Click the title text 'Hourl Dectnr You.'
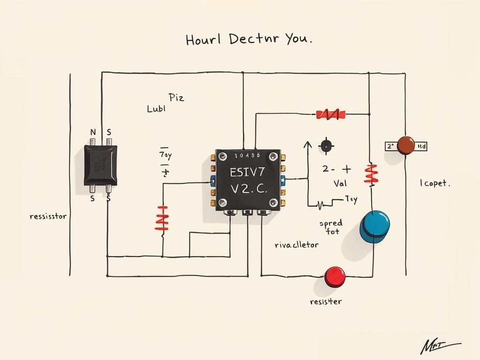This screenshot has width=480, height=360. point(248,39)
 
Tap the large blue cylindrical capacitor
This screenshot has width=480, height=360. point(374,226)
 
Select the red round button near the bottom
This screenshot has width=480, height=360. point(335,276)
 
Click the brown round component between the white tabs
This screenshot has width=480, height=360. point(405,145)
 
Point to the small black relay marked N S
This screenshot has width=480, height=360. point(100,165)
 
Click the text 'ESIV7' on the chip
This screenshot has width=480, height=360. point(247,172)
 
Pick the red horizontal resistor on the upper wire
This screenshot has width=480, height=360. point(331,114)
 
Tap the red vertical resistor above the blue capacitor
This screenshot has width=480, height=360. point(371,174)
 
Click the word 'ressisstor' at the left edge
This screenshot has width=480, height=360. point(48,217)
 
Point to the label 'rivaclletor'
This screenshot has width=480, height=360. point(296,245)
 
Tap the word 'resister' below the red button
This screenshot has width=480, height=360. point(326,301)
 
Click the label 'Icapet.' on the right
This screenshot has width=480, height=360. point(435,183)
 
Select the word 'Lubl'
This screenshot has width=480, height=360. point(157,109)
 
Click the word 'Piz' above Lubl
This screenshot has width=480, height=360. point(176,98)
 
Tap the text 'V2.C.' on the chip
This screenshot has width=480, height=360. point(248,190)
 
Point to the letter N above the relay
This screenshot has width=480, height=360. point(92,133)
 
